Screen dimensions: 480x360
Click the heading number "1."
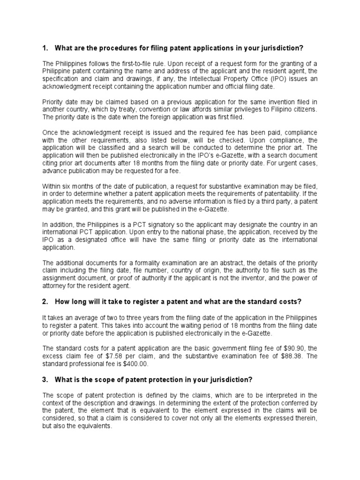point(45,48)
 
